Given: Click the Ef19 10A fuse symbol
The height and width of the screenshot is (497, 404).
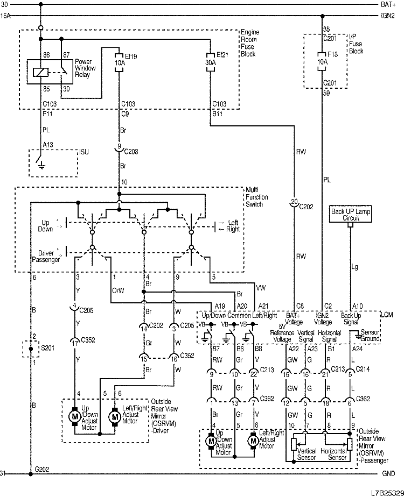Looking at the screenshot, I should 119,63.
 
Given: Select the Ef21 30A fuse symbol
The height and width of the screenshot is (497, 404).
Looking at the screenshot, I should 210,63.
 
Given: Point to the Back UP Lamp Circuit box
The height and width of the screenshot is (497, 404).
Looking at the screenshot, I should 351,215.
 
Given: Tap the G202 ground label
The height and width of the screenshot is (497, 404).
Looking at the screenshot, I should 42,469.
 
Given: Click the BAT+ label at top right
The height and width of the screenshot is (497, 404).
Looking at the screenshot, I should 388,4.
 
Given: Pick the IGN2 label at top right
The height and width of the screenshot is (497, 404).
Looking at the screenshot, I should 388,16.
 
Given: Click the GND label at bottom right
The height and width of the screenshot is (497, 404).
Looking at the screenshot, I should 388,474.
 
